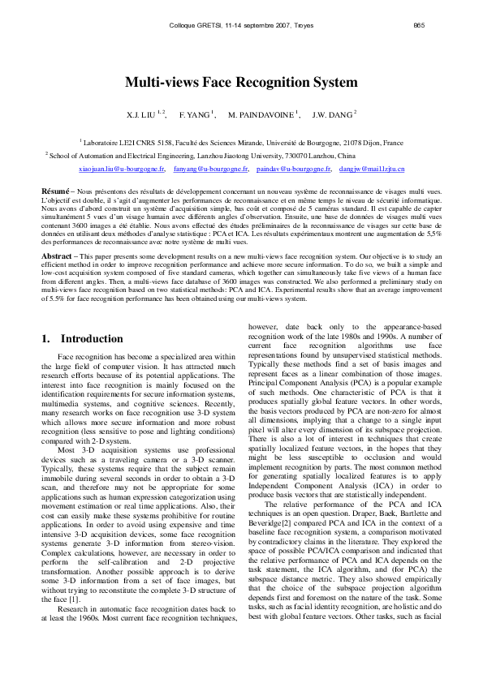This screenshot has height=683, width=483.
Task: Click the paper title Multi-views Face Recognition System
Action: click(241, 82)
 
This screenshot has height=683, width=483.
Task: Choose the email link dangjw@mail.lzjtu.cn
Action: click(371, 170)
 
